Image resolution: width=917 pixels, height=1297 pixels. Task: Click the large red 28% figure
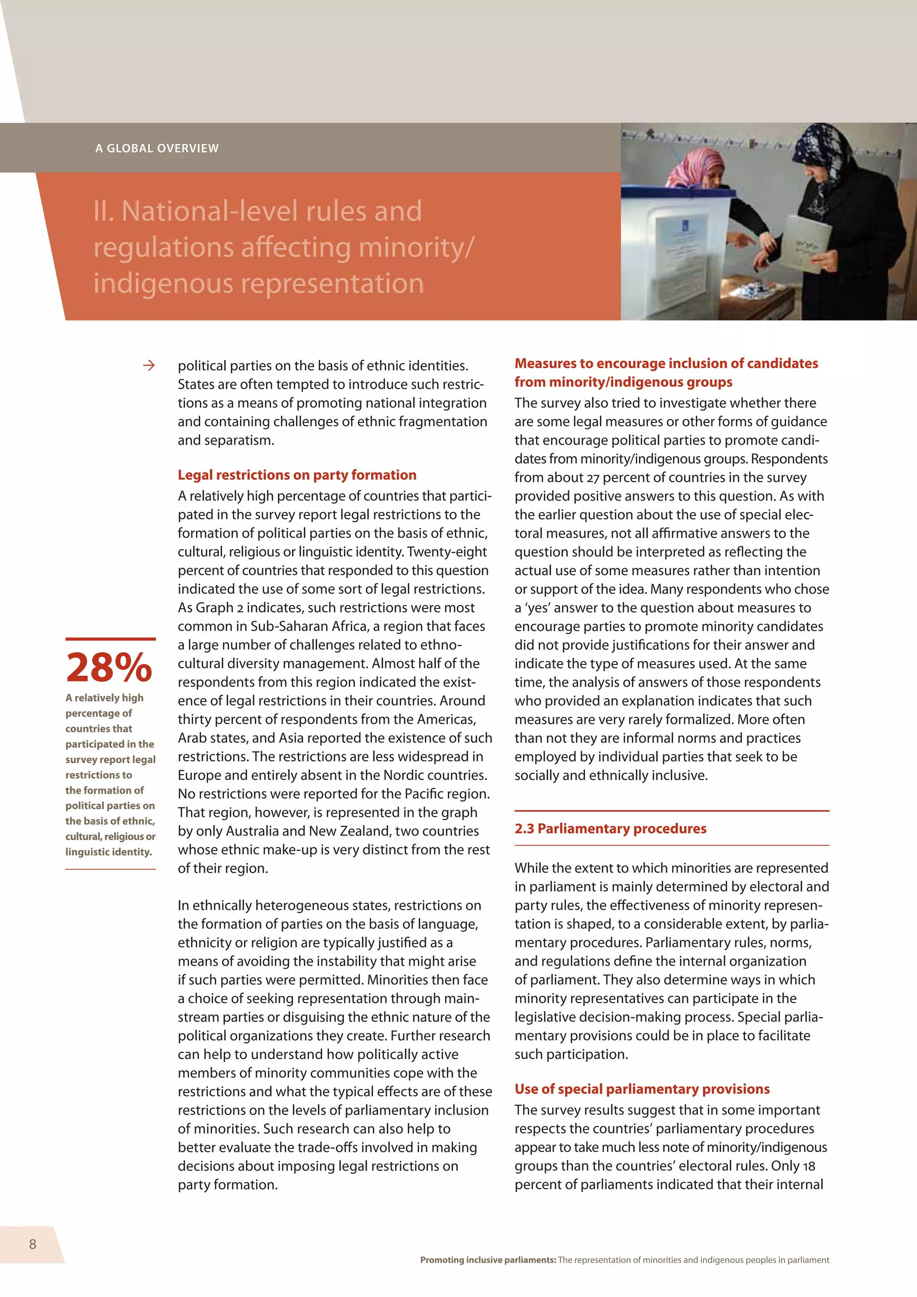109,667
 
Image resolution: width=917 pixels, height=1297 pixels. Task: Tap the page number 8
33,1244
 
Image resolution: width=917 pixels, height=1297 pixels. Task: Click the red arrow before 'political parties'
149,365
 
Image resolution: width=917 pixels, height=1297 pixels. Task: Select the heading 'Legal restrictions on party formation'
297,475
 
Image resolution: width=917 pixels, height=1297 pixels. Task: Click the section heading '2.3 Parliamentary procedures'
610,829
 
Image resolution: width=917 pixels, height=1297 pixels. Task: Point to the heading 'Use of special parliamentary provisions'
642,1089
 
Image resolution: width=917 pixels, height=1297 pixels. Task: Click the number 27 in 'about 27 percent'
592,478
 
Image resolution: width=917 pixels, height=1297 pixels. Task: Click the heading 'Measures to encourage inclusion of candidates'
666,363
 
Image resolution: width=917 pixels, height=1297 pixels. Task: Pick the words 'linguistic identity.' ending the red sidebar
108,852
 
